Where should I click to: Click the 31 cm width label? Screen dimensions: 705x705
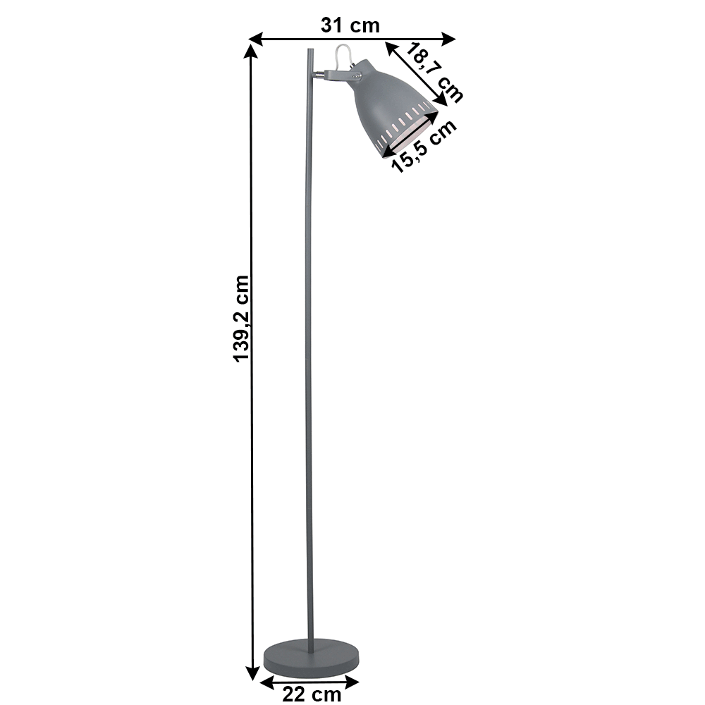coord(350,25)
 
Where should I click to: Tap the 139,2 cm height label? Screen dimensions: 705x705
coord(242,319)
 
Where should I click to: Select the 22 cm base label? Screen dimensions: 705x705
coord(312,694)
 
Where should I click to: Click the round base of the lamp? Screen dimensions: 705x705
coord(312,657)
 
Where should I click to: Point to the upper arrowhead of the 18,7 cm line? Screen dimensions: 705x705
coord(390,47)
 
